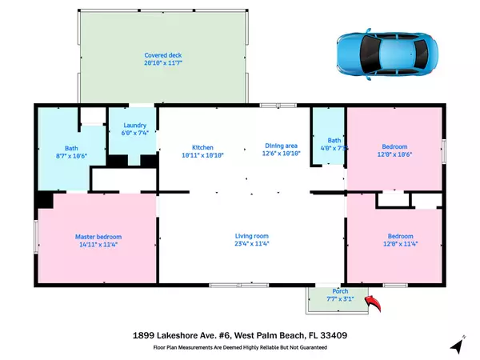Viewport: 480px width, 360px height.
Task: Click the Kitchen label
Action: point(202,146)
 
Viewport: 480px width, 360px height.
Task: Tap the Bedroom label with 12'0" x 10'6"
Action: point(394,146)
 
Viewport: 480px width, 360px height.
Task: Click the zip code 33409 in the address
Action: point(352,335)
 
